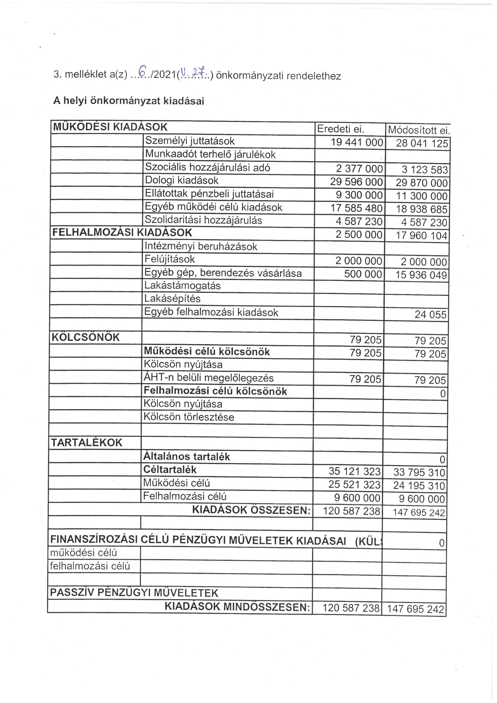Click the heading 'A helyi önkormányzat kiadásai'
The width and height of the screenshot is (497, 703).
tap(129, 101)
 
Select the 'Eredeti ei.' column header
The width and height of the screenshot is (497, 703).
tap(341, 129)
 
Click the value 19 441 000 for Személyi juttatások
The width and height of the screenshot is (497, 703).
tap(357, 143)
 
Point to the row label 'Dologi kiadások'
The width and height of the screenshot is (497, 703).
tap(182, 180)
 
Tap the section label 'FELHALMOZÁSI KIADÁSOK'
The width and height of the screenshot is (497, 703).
tap(122, 233)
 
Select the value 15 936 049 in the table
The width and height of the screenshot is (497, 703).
tap(421, 275)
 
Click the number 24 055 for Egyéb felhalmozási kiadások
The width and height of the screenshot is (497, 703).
tap(430, 315)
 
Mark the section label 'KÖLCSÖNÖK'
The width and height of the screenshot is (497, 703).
tap(85, 337)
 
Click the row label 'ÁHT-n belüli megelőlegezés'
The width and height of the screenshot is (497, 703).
tap(209, 378)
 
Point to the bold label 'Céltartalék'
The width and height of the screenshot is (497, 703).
tap(170, 469)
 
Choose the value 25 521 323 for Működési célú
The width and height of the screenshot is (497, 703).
tap(354, 484)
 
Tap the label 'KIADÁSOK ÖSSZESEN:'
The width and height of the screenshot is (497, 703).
tap(251, 510)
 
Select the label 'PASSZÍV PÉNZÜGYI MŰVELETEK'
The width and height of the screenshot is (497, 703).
tap(134, 592)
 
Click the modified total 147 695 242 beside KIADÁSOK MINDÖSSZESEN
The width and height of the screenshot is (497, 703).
tap(415, 609)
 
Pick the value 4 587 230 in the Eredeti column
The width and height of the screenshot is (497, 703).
tap(359, 221)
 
